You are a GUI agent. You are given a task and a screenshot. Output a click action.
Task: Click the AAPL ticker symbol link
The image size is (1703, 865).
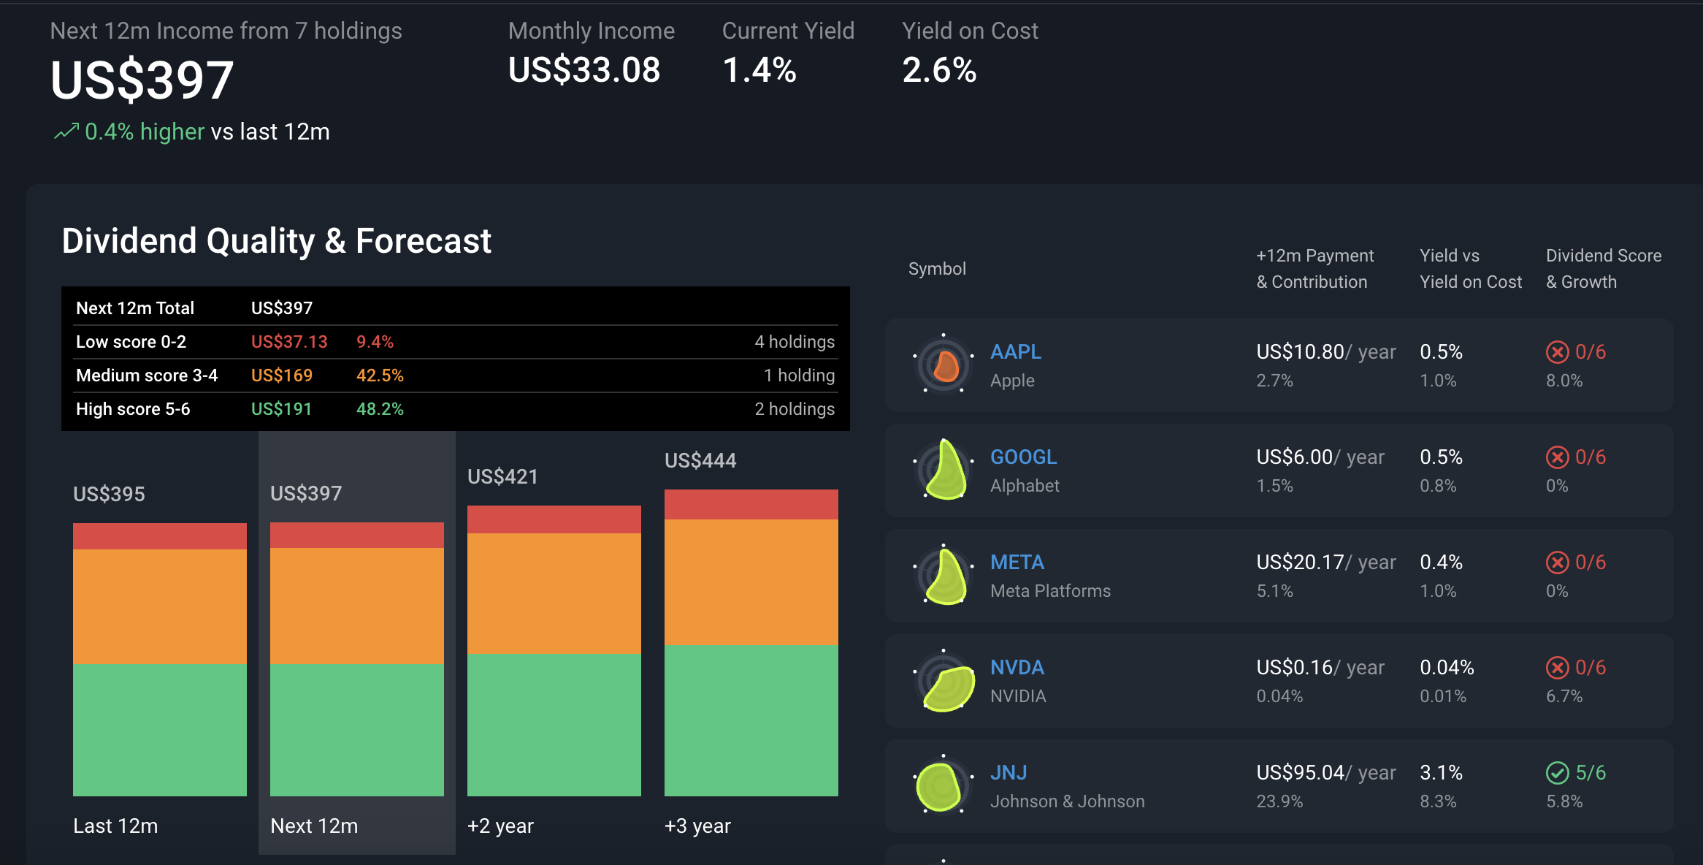pos(1015,352)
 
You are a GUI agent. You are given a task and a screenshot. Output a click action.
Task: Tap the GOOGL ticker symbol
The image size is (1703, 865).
pos(1023,457)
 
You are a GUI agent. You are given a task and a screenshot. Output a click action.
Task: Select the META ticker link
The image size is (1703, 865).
pos(1017,563)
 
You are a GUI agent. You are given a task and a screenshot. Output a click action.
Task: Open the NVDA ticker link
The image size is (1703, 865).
pos(1017,668)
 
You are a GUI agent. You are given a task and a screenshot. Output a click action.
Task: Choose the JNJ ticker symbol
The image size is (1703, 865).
pos(1009,773)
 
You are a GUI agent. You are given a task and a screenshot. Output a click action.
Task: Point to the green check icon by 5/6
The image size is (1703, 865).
pos(1557,773)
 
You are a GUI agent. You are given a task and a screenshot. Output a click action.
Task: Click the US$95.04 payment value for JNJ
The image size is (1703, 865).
pos(1300,773)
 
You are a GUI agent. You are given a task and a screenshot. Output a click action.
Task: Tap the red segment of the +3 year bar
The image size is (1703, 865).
pos(751,505)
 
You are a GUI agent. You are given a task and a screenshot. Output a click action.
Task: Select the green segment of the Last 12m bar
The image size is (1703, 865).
pos(160,730)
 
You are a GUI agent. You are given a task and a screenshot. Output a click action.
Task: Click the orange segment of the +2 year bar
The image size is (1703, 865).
pos(554,593)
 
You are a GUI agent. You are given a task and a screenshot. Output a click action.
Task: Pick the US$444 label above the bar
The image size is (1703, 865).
pos(700,461)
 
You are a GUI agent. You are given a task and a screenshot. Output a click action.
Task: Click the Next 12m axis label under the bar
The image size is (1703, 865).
pos(314,826)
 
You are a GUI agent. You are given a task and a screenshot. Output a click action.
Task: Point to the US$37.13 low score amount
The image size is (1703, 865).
pos(289,342)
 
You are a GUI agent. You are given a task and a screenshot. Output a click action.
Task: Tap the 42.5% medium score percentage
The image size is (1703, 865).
pos(380,376)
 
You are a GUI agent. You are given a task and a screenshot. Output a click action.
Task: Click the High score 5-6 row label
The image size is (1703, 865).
pos(133,409)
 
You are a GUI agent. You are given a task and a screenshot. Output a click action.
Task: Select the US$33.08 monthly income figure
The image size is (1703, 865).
pos(584,71)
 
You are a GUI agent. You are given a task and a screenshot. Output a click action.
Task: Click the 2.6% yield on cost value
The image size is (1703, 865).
pos(939,71)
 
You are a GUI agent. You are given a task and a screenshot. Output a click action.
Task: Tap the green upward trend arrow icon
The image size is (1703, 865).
pos(66,132)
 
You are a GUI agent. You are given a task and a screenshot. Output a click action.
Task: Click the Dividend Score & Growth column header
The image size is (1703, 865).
pos(1604,269)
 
